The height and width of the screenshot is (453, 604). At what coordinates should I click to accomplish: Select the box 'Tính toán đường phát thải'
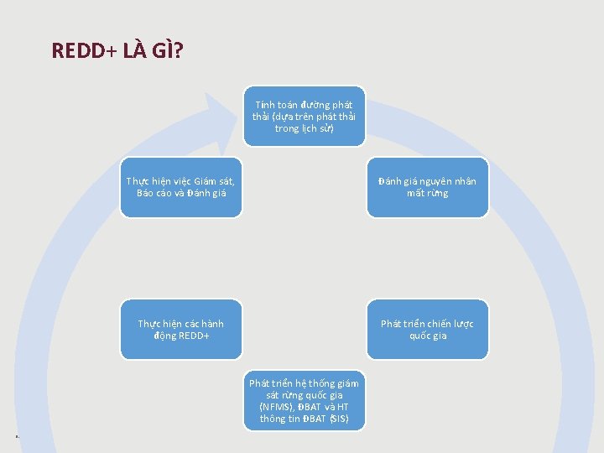pos(305,116)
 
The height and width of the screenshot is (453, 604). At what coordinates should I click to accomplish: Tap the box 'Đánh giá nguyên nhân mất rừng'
pos(427,187)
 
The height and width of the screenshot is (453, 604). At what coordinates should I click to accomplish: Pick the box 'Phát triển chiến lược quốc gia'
pos(427,329)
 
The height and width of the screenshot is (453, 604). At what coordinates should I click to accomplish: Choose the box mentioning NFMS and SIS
pos(305,400)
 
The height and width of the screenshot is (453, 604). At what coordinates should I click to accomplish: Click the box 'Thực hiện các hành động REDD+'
pos(181,329)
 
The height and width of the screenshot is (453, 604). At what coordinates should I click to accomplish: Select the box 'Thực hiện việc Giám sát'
pos(181,187)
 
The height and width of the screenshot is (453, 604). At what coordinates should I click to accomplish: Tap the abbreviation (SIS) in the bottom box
pos(338,419)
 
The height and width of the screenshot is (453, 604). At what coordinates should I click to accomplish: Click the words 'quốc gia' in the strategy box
pos(428,336)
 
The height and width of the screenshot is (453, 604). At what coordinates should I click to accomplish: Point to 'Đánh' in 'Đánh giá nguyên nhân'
pos(390,181)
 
